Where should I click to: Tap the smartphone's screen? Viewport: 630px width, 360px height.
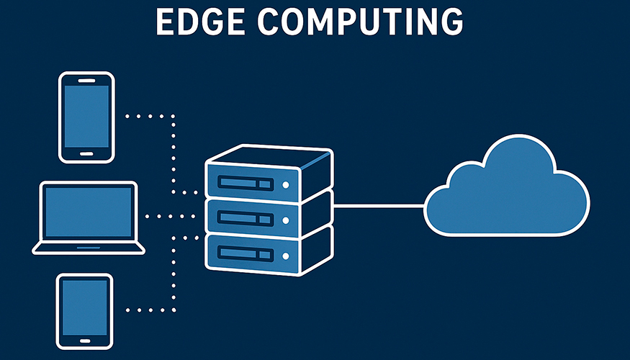point(86,117)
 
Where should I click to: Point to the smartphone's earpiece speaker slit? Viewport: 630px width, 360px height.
point(86,80)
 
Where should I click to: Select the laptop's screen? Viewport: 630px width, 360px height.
point(89,212)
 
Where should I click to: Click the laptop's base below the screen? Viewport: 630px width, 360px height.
point(89,247)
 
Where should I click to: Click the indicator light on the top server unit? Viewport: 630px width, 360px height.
point(286,185)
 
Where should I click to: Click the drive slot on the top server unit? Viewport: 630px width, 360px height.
point(246,183)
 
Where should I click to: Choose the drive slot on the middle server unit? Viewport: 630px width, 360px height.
point(246,217)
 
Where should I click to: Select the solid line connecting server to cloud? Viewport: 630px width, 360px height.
point(378,206)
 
